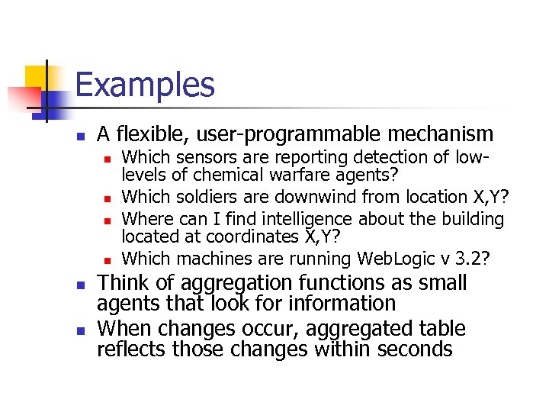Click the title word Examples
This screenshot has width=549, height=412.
[145, 85]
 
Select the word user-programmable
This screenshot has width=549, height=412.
[289, 135]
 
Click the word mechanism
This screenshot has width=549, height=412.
[440, 134]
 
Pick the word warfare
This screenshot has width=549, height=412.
[284, 176]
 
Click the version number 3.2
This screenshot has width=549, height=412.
[479, 259]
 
